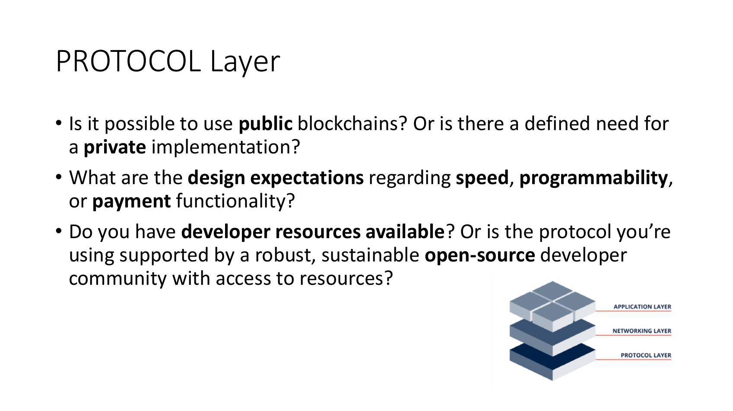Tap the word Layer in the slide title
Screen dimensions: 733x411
tap(245, 62)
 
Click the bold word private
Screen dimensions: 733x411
tap(114, 147)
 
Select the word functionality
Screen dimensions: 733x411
tap(235, 201)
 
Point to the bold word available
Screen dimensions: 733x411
tap(405, 232)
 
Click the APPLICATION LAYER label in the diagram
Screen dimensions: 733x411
tap(642, 307)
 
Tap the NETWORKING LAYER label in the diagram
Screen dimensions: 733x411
tap(642, 331)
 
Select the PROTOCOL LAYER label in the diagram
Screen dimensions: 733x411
tap(646, 355)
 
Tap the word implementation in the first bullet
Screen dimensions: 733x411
tap(225, 147)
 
